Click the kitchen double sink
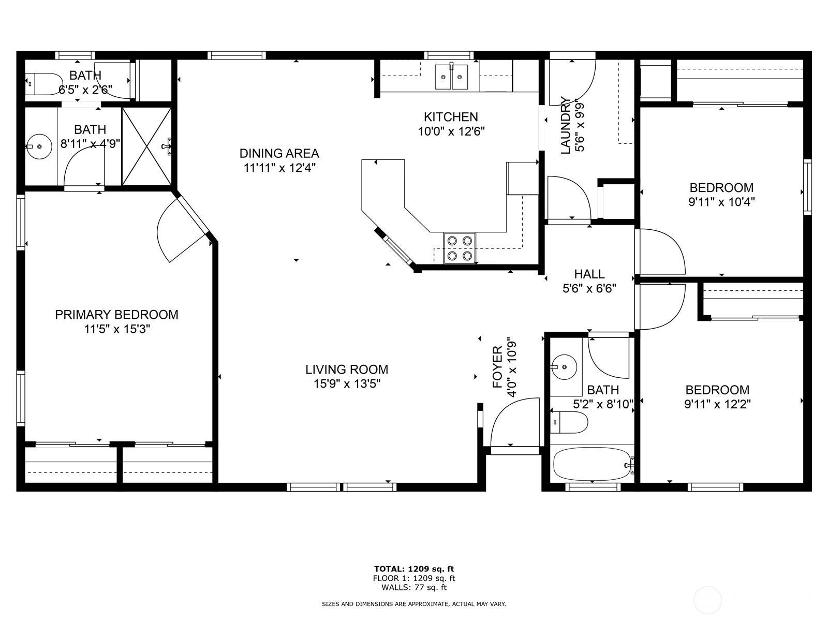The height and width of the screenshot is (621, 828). [451, 77]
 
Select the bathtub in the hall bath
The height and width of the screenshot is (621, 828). [592, 464]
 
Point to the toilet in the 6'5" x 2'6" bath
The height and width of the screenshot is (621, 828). [43, 84]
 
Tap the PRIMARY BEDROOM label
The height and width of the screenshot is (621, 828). [116, 315]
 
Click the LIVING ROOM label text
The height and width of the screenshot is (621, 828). [346, 369]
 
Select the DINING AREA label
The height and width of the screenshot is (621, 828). [279, 153]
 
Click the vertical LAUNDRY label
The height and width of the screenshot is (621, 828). [566, 125]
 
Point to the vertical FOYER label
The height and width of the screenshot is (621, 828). [497, 367]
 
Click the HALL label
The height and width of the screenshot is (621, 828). [589, 274]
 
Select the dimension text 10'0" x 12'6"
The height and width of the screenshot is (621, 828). [451, 131]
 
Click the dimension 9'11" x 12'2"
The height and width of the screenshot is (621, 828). [717, 404]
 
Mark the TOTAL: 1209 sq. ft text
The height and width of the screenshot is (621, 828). [414, 569]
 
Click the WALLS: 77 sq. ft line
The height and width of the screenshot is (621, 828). [414, 587]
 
